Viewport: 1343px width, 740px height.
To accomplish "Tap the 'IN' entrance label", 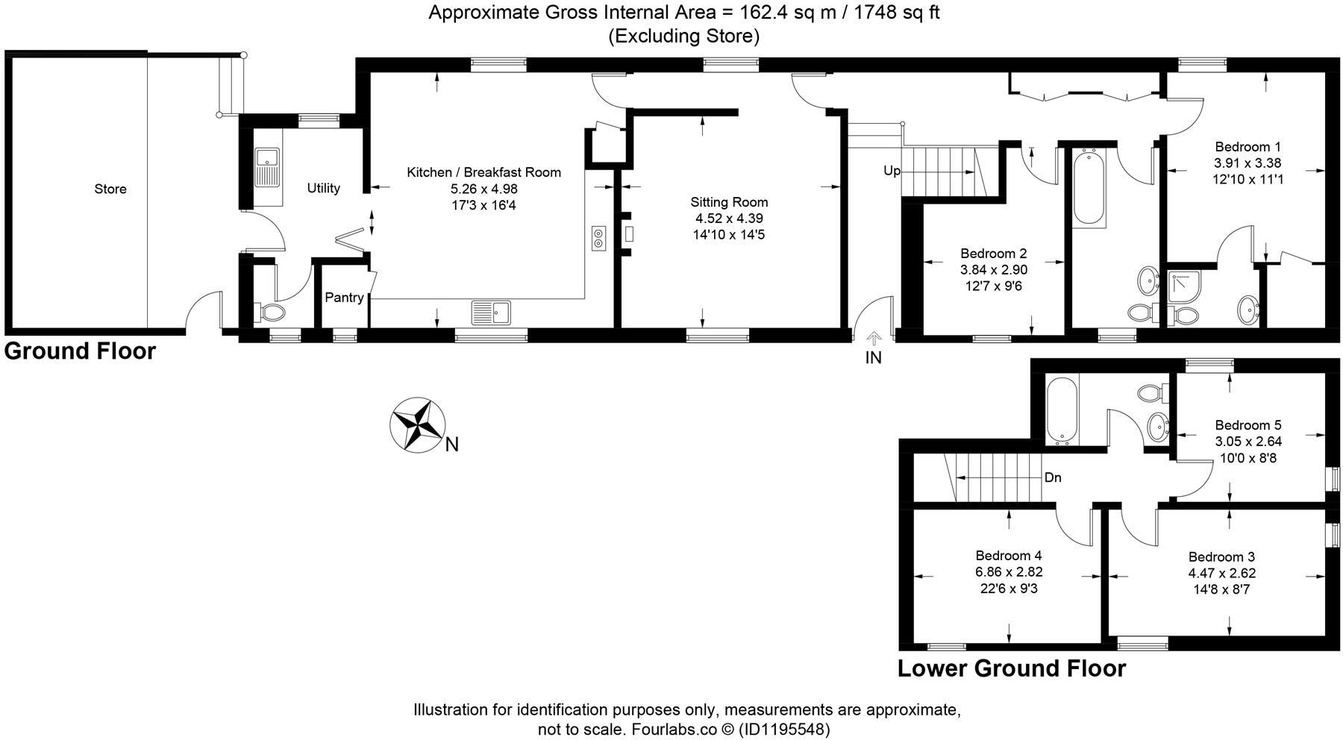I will click(873, 358).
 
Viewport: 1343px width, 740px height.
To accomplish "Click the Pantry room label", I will click(344, 298).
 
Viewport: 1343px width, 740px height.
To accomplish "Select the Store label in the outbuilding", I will click(110, 189).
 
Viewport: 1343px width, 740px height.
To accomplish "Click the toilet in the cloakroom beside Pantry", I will click(269, 311).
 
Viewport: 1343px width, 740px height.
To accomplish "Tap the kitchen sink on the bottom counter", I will click(491, 312).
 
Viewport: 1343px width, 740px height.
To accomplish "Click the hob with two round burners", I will click(598, 238).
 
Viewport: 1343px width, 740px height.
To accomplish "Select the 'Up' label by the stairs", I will click(892, 171).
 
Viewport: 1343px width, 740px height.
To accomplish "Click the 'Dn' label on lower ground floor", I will click(1053, 477).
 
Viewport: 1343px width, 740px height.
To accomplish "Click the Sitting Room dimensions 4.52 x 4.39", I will click(729, 219).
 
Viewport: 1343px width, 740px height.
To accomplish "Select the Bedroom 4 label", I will click(1009, 556).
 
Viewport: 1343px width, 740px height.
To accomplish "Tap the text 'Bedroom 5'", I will click(1248, 425).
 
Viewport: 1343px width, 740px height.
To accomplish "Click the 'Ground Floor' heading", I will click(80, 351).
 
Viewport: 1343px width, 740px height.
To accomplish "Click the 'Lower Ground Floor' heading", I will click(1011, 668).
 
